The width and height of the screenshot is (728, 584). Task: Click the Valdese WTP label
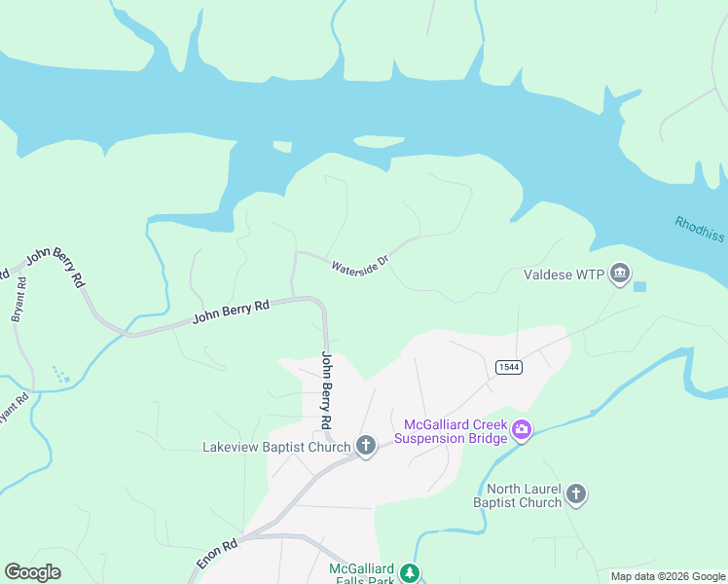pyautogui.click(x=564, y=275)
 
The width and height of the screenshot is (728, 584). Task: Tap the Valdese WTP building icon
pyautogui.click(x=620, y=275)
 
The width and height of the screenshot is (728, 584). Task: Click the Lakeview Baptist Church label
pyautogui.click(x=275, y=447)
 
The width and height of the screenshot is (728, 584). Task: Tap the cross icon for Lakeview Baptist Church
pyautogui.click(x=366, y=446)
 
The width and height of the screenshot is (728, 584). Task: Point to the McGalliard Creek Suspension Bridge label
pyautogui.click(x=455, y=431)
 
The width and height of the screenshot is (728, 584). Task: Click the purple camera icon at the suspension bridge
pyautogui.click(x=522, y=429)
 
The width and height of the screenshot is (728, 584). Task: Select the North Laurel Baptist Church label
pyautogui.click(x=517, y=495)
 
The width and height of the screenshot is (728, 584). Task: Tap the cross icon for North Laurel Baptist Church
pyautogui.click(x=576, y=494)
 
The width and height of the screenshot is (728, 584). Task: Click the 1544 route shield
pyautogui.click(x=507, y=366)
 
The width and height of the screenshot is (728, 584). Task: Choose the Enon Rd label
pyautogui.click(x=217, y=555)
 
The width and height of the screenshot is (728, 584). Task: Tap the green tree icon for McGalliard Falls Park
pyautogui.click(x=412, y=572)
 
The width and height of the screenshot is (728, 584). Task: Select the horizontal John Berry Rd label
pyautogui.click(x=231, y=311)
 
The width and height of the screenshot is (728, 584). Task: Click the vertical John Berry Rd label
pyautogui.click(x=327, y=391)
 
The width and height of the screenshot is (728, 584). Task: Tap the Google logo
pyautogui.click(x=32, y=572)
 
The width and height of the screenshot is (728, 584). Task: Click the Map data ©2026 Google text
pyautogui.click(x=668, y=576)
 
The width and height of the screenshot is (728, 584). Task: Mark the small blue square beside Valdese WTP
pyautogui.click(x=639, y=286)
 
